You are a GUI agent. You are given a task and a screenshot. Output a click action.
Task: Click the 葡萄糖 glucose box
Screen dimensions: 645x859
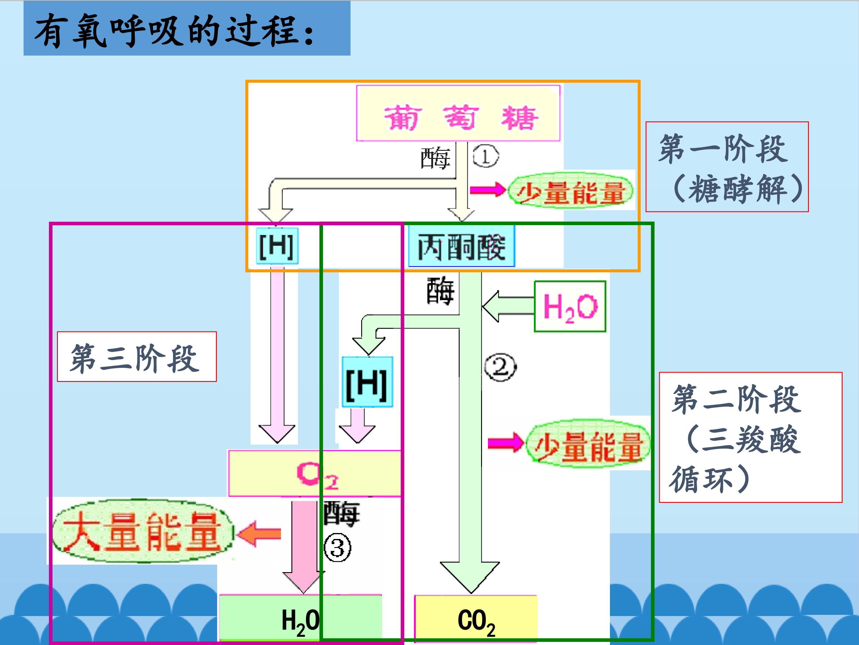pyautogui.click(x=458, y=113)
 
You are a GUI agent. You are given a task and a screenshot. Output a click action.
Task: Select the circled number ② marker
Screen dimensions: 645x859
pyautogui.click(x=500, y=367)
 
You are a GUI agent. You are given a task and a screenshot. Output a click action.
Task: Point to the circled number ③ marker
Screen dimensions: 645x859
pyautogui.click(x=337, y=548)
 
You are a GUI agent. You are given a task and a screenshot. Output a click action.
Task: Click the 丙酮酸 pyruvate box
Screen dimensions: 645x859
pyautogui.click(x=461, y=246)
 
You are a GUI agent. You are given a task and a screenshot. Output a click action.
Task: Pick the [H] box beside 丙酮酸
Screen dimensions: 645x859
pyautogui.click(x=277, y=246)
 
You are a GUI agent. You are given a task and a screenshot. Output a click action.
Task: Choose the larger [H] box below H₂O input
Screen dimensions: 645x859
pyautogui.click(x=367, y=382)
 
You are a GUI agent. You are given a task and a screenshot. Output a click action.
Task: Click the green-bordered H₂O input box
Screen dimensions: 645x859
pyautogui.click(x=570, y=306)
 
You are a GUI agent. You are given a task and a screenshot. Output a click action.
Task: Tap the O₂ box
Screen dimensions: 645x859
pyautogui.click(x=315, y=474)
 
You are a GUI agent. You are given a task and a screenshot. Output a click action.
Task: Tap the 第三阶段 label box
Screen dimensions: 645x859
pyautogui.click(x=136, y=357)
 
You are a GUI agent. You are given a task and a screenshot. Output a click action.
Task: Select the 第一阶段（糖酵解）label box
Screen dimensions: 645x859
pyautogui.click(x=727, y=167)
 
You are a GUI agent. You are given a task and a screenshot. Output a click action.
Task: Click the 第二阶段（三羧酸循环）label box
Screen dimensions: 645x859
pyautogui.click(x=750, y=437)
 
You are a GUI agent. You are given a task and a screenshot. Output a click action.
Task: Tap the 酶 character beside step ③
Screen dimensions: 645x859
pyautogui.click(x=341, y=514)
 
